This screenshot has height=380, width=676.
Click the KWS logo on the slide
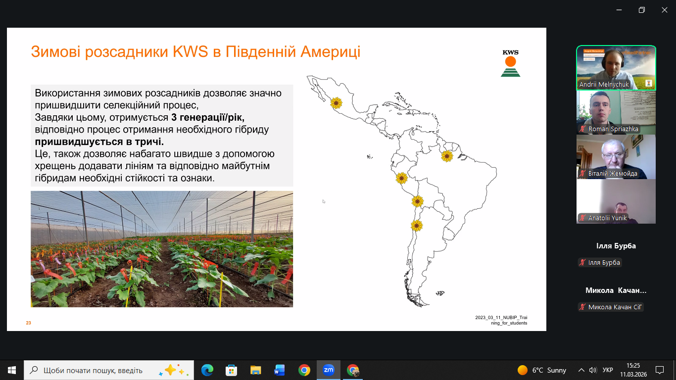point(510,63)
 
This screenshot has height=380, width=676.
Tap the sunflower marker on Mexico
point(336,103)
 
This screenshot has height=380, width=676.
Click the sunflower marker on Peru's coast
point(401,179)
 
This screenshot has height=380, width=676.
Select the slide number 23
point(28,323)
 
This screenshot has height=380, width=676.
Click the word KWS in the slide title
point(190,51)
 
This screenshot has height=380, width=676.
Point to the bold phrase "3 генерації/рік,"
point(208,117)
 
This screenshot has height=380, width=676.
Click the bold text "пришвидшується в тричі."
point(99,142)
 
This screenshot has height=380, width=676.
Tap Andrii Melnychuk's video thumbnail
point(616,68)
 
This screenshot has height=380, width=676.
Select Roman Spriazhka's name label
point(613,129)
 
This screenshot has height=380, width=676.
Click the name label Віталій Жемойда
point(613,174)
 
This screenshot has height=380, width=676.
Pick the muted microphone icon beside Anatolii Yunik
point(582,218)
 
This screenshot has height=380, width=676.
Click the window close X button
point(664,10)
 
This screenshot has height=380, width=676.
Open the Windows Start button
point(12,370)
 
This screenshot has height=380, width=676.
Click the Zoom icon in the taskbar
point(328,370)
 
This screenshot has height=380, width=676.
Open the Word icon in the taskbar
point(280,370)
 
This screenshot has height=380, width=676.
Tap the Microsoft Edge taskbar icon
point(207,370)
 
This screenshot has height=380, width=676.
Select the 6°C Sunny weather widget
point(542,370)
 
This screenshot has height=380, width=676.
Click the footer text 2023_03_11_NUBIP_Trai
point(501,318)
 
